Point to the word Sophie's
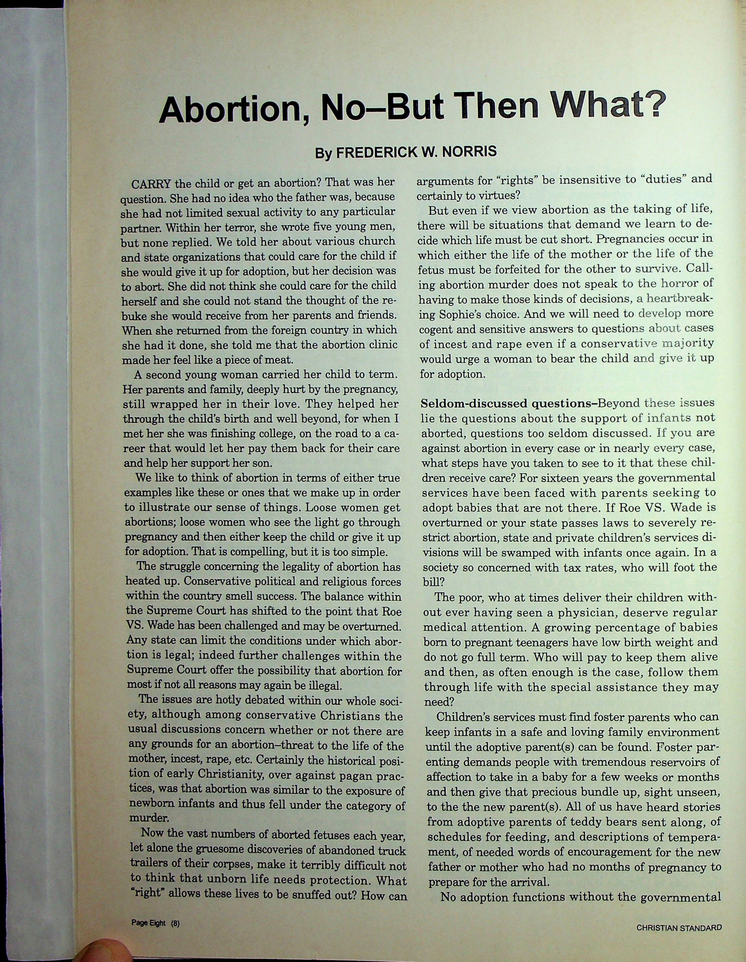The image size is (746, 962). pos(460,315)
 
